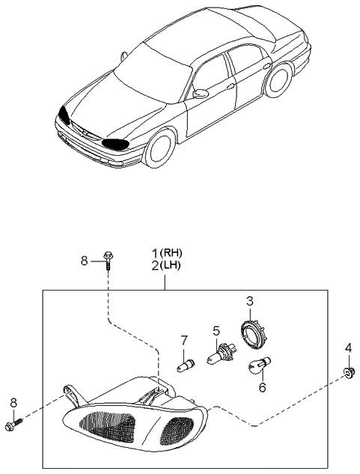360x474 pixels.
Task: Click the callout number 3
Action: pyautogui.click(x=250, y=301)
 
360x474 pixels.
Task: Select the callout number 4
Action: pyautogui.click(x=349, y=348)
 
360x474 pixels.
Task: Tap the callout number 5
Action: pyautogui.click(x=216, y=329)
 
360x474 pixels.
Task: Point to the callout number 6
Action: pyautogui.click(x=262, y=388)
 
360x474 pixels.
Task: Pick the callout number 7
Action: pyautogui.click(x=183, y=341)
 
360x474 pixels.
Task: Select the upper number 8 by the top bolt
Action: pyautogui.click(x=85, y=260)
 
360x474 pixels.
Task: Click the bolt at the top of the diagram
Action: pyautogui.click(x=109, y=261)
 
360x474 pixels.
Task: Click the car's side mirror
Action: pyautogui.click(x=200, y=94)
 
